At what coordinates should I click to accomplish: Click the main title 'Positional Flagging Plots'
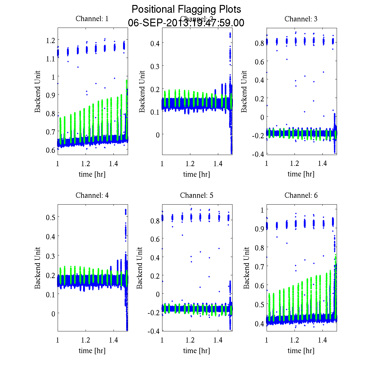coord(186,9)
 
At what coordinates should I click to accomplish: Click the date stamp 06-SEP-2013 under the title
coord(186,23)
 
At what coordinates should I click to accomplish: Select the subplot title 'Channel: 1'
coord(92,19)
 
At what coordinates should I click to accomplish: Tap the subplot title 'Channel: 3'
coord(301,19)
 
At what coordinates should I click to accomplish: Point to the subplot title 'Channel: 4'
coord(92,196)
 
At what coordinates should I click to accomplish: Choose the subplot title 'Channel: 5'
coord(197,196)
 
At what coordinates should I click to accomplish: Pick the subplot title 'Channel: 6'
coord(301,196)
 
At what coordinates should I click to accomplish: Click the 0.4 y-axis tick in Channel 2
coord(155,43)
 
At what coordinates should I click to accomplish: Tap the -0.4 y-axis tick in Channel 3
coord(258,154)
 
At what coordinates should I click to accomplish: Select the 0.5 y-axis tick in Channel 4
coord(51,217)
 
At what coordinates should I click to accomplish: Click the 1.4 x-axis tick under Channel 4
coord(114,340)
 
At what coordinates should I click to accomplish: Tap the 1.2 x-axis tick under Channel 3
coord(294,163)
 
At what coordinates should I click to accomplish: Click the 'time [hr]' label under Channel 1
coord(92,174)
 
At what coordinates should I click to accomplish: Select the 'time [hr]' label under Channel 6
coord(301,351)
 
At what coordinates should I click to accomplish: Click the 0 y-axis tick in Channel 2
coord(157,135)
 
